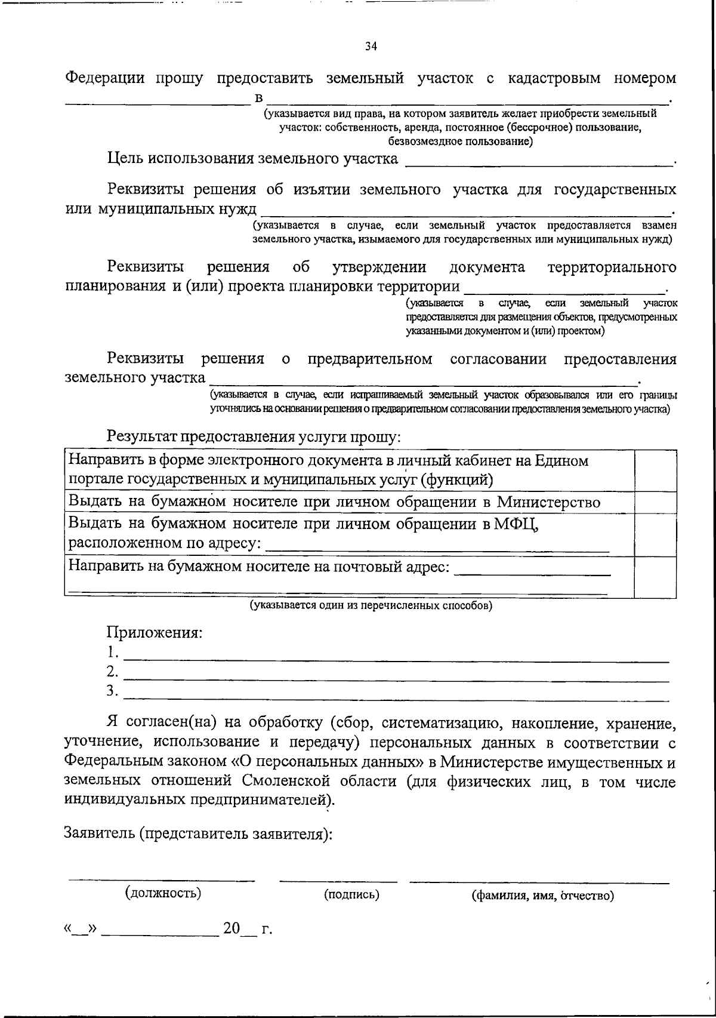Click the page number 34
(371, 47)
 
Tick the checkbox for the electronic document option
(655, 470)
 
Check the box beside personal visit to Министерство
(655, 502)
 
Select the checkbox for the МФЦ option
(655, 534)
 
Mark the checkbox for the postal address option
(655, 577)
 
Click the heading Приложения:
(155, 632)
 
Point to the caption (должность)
(162, 893)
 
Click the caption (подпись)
(351, 894)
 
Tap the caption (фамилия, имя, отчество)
(542, 896)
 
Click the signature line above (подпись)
(338, 880)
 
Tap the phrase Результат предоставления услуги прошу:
(254, 436)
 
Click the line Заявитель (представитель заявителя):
(198, 834)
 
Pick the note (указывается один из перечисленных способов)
(371, 605)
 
